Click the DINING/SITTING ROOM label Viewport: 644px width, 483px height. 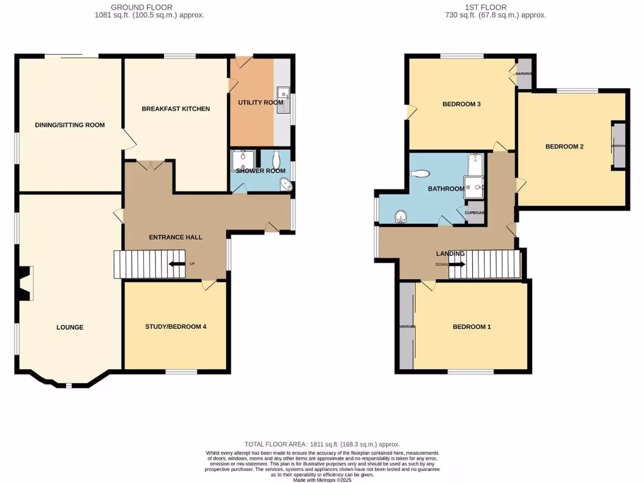point(69,125)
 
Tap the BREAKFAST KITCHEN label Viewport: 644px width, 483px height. point(175,109)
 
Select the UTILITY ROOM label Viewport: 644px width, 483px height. point(260,103)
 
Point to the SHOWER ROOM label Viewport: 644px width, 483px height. point(260,171)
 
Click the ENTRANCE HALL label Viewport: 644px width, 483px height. point(175,237)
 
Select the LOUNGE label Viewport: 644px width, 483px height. point(69,327)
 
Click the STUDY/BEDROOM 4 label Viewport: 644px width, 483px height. point(175,326)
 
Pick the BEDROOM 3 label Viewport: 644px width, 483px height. point(462,104)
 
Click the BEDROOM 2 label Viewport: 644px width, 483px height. point(564,147)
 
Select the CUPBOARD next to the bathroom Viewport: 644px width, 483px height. point(475,213)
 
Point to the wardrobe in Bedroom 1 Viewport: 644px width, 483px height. point(406,326)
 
